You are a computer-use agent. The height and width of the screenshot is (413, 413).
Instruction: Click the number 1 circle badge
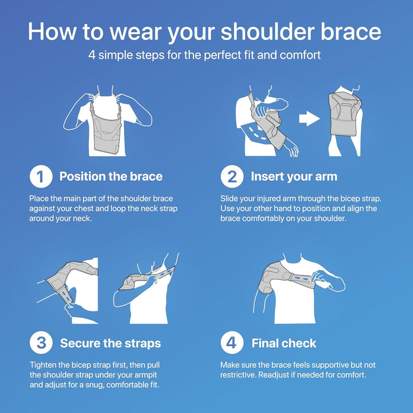click(x=41, y=177)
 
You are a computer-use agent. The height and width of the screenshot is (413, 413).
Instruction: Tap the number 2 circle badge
click(x=232, y=177)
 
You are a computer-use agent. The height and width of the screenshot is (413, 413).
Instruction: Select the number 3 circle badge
click(x=41, y=344)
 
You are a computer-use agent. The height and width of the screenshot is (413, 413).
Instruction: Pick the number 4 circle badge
click(x=232, y=344)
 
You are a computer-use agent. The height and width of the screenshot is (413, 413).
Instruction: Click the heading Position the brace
click(x=111, y=177)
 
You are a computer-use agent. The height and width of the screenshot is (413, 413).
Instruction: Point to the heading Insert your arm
click(x=294, y=177)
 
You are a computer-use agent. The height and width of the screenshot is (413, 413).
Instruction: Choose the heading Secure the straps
click(x=110, y=344)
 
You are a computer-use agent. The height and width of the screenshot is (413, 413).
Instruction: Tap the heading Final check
click(x=284, y=344)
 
